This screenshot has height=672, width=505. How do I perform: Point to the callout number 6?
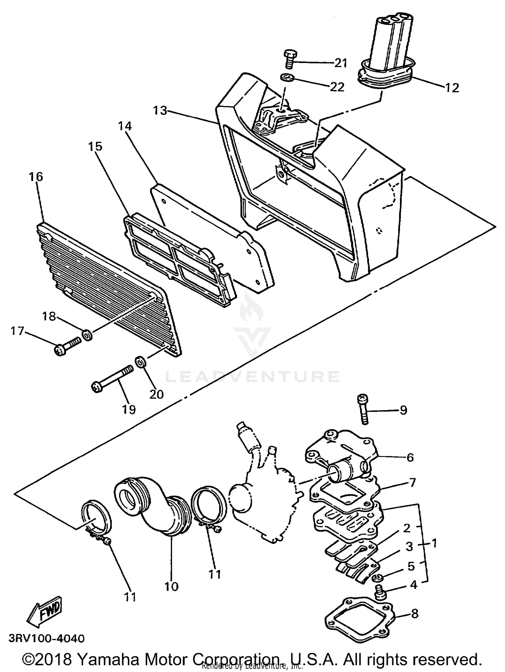410,457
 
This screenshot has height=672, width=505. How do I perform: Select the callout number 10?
171,587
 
